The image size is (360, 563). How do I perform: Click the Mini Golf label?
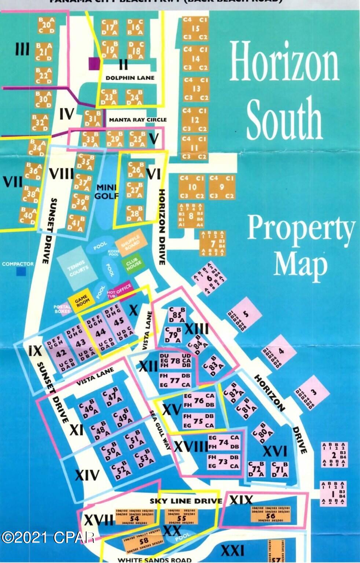pos(106,191)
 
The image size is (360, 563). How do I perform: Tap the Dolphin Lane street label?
pos(130,78)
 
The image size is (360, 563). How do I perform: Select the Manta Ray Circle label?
pos(137,119)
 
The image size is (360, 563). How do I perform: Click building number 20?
pos(46,26)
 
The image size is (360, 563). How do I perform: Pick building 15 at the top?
pos(195,28)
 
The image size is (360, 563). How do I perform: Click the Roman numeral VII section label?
pos(12,182)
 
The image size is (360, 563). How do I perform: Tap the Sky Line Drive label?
pos(185,501)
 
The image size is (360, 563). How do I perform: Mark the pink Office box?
pos(124,286)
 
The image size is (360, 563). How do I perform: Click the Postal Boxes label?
pos(62,309)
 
